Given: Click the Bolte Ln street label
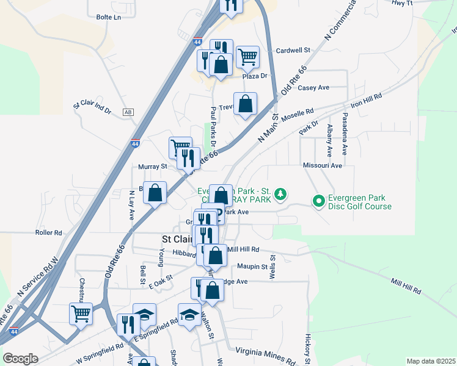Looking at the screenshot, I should point(108,18).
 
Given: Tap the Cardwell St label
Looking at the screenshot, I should point(293,51).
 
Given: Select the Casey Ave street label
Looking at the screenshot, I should point(313,88).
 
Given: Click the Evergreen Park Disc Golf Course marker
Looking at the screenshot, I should point(318,201).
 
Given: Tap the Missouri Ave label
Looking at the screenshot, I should point(323,165).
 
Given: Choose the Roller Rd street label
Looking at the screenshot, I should point(49,232).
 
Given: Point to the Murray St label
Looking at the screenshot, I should point(152,166).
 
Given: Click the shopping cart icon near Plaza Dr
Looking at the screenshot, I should point(247,57).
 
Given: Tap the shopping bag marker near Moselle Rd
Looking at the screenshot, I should point(245,104).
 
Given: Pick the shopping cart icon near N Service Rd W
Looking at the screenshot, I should point(81,314).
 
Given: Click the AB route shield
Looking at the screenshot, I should point(128,112).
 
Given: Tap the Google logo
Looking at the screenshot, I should point(21,359).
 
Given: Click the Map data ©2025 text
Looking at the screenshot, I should point(431,361).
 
